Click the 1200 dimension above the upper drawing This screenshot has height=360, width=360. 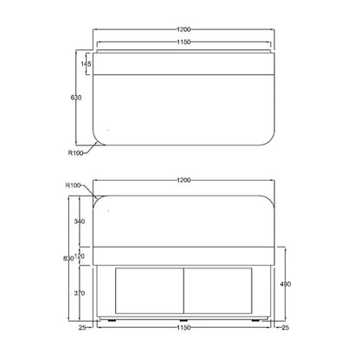click(x=183, y=29)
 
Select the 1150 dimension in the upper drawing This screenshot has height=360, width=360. click(x=183, y=42)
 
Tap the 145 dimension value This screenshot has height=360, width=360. click(x=86, y=64)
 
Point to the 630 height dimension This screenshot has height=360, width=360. click(x=76, y=98)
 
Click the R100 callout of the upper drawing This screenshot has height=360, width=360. click(x=75, y=153)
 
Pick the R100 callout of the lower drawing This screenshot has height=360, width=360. click(x=74, y=185)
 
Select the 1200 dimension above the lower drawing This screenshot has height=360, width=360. click(x=183, y=180)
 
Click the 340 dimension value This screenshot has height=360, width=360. click(x=80, y=222)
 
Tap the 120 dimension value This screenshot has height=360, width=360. click(x=80, y=256)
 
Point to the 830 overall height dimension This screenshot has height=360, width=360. click(x=68, y=259)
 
